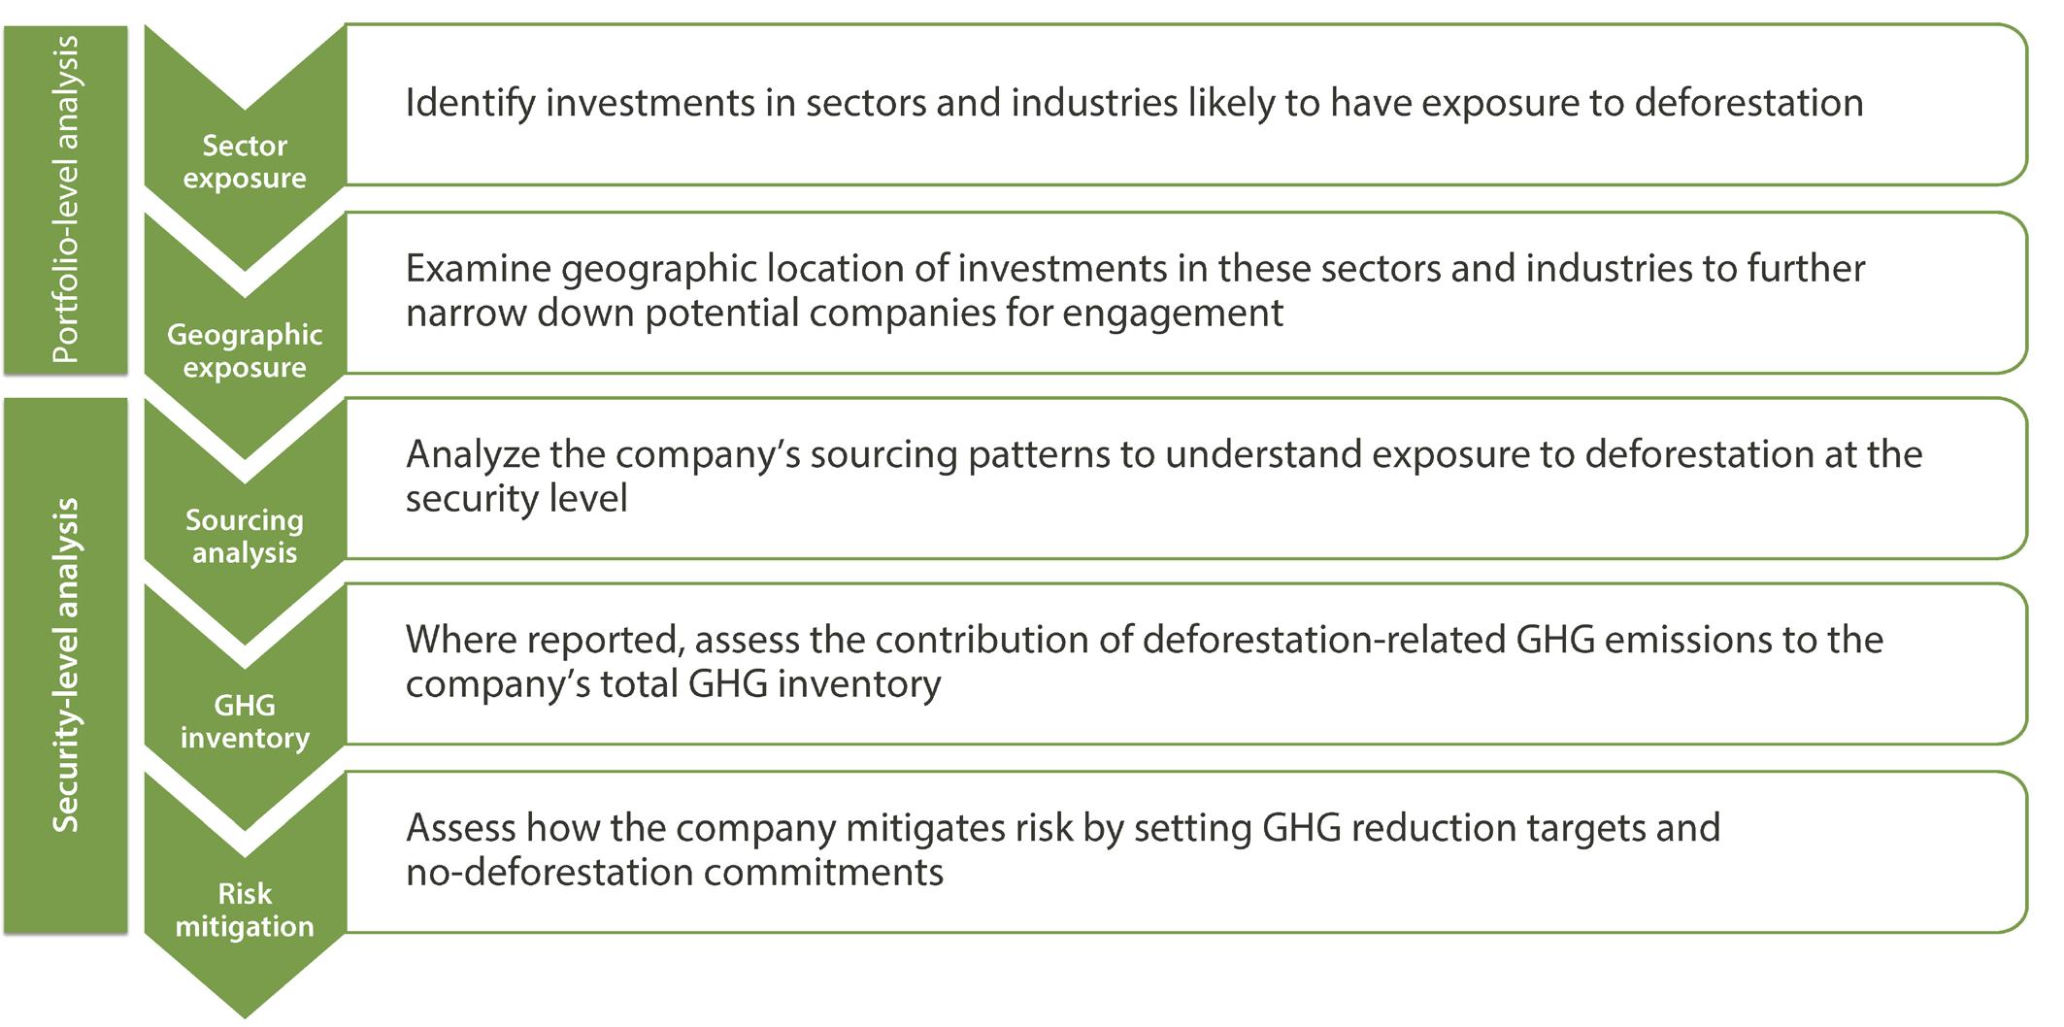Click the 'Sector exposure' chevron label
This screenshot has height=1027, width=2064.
coord(245,162)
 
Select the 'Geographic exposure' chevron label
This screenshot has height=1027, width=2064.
coord(245,350)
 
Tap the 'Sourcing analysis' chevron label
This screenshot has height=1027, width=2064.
coord(245,536)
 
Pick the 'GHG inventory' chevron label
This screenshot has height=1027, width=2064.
coord(245,721)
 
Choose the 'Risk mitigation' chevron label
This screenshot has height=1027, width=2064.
coord(245,910)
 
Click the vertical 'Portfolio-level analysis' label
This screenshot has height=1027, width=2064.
coord(65,200)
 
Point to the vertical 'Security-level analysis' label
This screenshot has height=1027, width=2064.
coord(65,665)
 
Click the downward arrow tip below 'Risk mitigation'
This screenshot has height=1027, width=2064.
coord(245,1017)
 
